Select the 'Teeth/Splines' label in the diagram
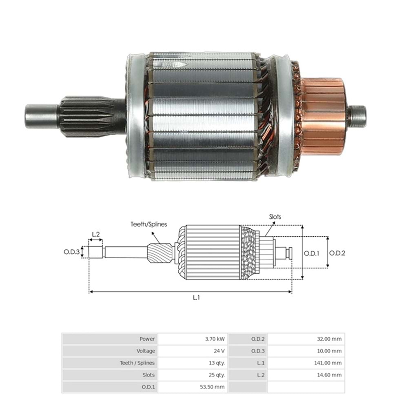tap(149, 224)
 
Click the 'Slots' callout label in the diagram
tap(275, 217)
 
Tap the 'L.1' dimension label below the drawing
tap(196, 297)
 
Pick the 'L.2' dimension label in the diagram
tap(96, 234)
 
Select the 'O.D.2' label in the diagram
tap(337, 253)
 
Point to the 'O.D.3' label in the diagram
tap(71, 252)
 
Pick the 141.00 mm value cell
tap(328, 363)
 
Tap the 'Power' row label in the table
tap(147, 339)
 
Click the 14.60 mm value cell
tap(329, 375)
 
